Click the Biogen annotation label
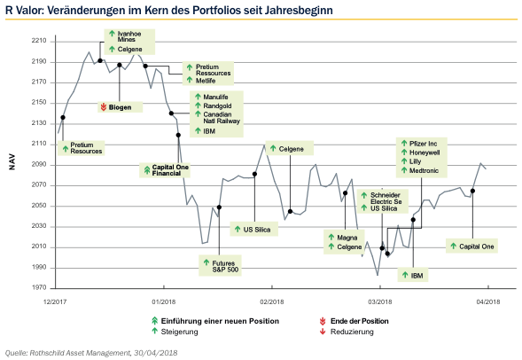pyautogui.click(x=120, y=107)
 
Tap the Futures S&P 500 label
pyautogui.click(x=225, y=266)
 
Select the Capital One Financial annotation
pyautogui.click(x=170, y=170)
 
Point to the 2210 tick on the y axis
pyautogui.click(x=39, y=41)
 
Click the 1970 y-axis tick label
pyautogui.click(x=39, y=287)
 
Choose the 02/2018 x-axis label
pyautogui.click(x=272, y=301)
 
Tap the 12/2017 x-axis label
pyautogui.click(x=55, y=301)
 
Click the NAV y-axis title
pyautogui.click(x=12, y=162)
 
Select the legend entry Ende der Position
pyautogui.click(x=359, y=321)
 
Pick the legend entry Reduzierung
pyautogui.click(x=352, y=332)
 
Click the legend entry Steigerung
pyautogui.click(x=179, y=332)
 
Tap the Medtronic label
pyautogui.click(x=424, y=170)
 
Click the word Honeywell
pyautogui.click(x=425, y=153)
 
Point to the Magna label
pyautogui.click(x=347, y=238)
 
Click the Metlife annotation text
pyautogui.click(x=206, y=81)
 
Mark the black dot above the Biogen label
pyautogui.click(x=119, y=65)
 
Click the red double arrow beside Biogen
pyautogui.click(x=103, y=107)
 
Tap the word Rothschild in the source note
pyautogui.click(x=46, y=353)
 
